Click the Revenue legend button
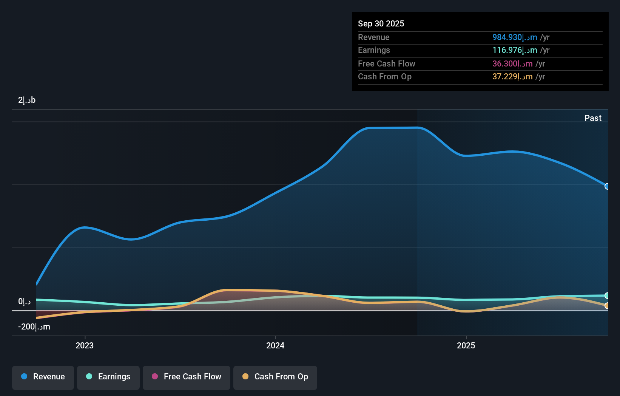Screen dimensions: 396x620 (x=43, y=377)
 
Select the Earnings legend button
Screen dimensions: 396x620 (x=108, y=377)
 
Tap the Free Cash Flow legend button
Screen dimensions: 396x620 (x=187, y=377)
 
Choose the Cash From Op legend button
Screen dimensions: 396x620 (x=275, y=377)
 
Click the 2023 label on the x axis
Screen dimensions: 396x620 (x=85, y=345)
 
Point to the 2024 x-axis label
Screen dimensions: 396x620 (x=275, y=345)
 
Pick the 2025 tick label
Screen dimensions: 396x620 (x=466, y=345)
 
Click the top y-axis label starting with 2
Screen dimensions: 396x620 (x=27, y=100)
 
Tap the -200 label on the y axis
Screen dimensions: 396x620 (x=34, y=327)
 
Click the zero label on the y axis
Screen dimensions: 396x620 (x=24, y=302)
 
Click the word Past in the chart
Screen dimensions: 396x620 (x=593, y=118)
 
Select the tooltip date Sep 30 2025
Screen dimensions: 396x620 (x=381, y=23)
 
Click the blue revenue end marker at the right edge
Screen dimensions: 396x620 (x=607, y=186)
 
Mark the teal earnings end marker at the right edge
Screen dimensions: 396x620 (x=607, y=295)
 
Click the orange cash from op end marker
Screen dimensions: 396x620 (x=607, y=306)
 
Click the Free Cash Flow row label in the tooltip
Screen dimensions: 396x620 (x=386, y=64)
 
